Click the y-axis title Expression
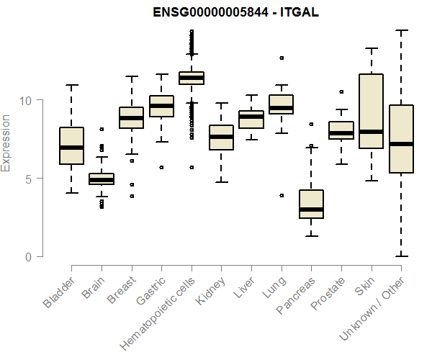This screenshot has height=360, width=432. click(x=6, y=143)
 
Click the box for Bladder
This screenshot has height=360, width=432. click(x=71, y=146)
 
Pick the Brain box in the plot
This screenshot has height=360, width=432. click(x=102, y=179)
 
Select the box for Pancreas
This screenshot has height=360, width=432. click(x=311, y=204)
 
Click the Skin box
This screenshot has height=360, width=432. click(x=371, y=111)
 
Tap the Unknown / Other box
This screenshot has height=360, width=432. click(x=401, y=139)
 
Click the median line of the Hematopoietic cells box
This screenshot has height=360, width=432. click(x=192, y=78)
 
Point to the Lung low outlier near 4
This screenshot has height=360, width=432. click(x=282, y=195)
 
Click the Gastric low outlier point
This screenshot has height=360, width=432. click(x=161, y=167)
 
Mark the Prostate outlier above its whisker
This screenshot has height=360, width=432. click(x=341, y=91)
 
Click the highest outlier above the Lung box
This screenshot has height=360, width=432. click(x=282, y=58)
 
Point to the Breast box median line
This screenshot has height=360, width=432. click(x=131, y=118)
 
